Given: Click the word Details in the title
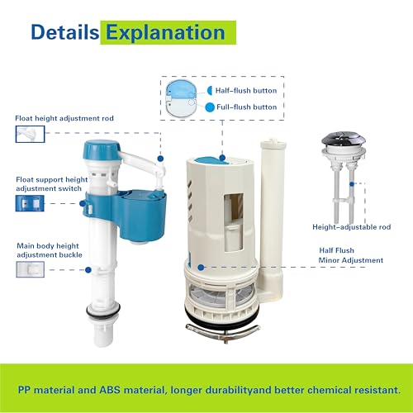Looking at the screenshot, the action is [x=65, y=32].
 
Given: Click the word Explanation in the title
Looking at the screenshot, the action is [x=166, y=33].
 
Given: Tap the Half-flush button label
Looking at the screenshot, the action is [x=246, y=91].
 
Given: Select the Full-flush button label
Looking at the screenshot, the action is [x=246, y=107].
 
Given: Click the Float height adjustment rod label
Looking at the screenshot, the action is [x=64, y=118].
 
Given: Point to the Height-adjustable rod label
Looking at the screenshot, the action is [x=352, y=227].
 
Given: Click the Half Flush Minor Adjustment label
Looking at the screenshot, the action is [x=350, y=255].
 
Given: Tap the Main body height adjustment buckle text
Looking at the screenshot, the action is [x=50, y=250].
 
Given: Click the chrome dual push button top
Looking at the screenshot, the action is [x=344, y=140].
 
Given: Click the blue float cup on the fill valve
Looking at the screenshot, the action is [x=142, y=215].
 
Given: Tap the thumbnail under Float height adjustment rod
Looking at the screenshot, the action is [x=30, y=134].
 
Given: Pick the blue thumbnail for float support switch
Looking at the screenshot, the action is [x=30, y=203].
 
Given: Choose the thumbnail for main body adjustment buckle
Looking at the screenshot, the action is [x=31, y=269].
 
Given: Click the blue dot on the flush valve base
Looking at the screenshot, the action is [x=201, y=267].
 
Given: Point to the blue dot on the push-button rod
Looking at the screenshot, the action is [x=352, y=183].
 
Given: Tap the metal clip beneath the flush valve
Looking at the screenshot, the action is [x=223, y=331].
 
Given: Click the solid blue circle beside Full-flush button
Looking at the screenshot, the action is [x=210, y=107].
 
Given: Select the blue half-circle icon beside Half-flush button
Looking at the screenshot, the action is [x=210, y=91].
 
